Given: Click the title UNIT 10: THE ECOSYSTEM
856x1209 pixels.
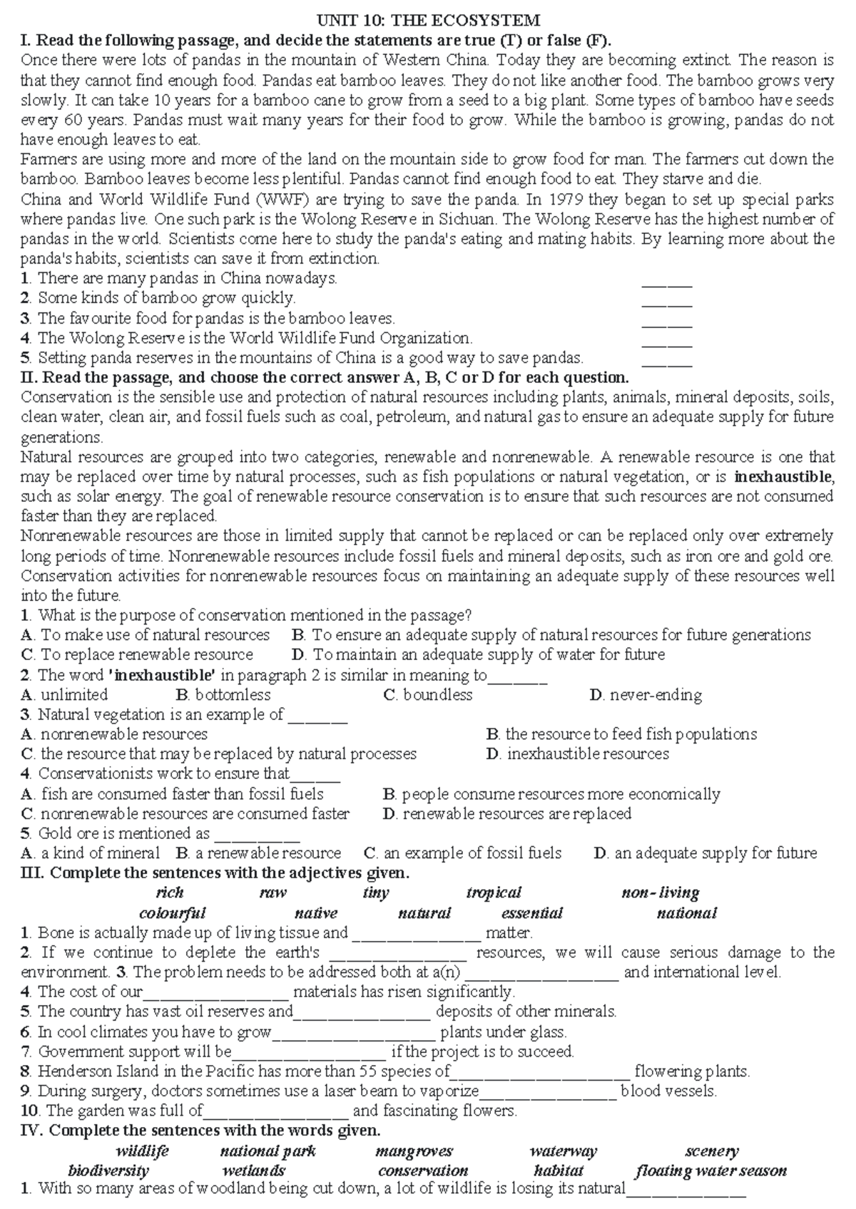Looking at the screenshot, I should click(x=428, y=19).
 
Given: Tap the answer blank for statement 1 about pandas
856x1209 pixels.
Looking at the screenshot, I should click(x=667, y=283).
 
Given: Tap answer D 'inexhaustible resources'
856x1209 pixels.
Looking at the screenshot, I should click(x=587, y=754).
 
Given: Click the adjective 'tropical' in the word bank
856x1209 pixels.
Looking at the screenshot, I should click(x=494, y=892).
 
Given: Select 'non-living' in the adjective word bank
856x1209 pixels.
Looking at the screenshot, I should click(x=661, y=892).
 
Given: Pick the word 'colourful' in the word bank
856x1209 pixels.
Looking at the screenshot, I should click(x=172, y=913).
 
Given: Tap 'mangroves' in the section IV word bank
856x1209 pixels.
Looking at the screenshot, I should click(x=414, y=1151).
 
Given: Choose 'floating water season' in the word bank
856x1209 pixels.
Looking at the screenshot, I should click(x=710, y=1171).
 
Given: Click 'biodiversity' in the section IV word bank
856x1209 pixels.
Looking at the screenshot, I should click(x=108, y=1171).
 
